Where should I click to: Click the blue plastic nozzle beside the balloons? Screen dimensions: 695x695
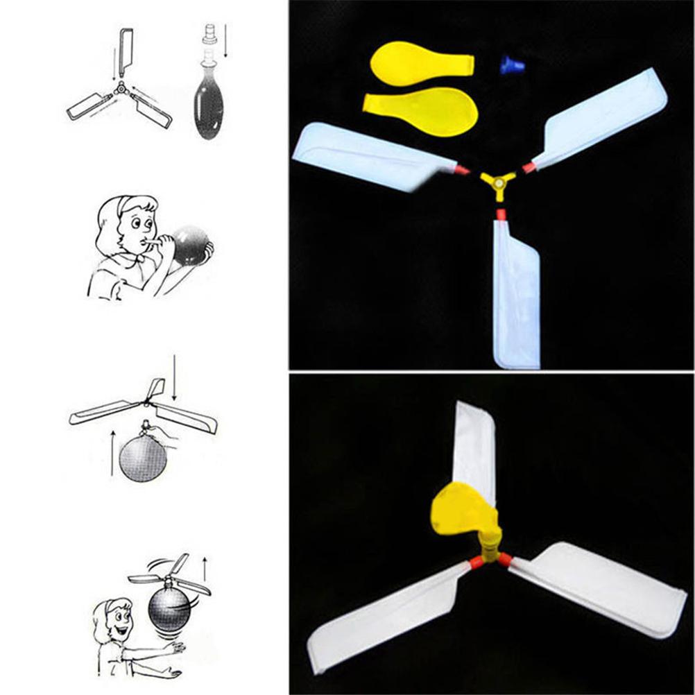click(x=512, y=66)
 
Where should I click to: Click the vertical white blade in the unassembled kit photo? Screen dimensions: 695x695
click(x=517, y=295)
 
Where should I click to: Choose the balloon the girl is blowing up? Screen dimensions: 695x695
click(x=189, y=245)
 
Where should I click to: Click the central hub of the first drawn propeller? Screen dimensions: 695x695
click(x=120, y=88)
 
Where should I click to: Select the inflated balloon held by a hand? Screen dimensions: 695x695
click(x=143, y=458)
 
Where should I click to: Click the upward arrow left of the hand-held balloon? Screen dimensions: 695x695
click(x=112, y=452)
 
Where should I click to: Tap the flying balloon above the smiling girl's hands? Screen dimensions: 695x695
click(x=169, y=608)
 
